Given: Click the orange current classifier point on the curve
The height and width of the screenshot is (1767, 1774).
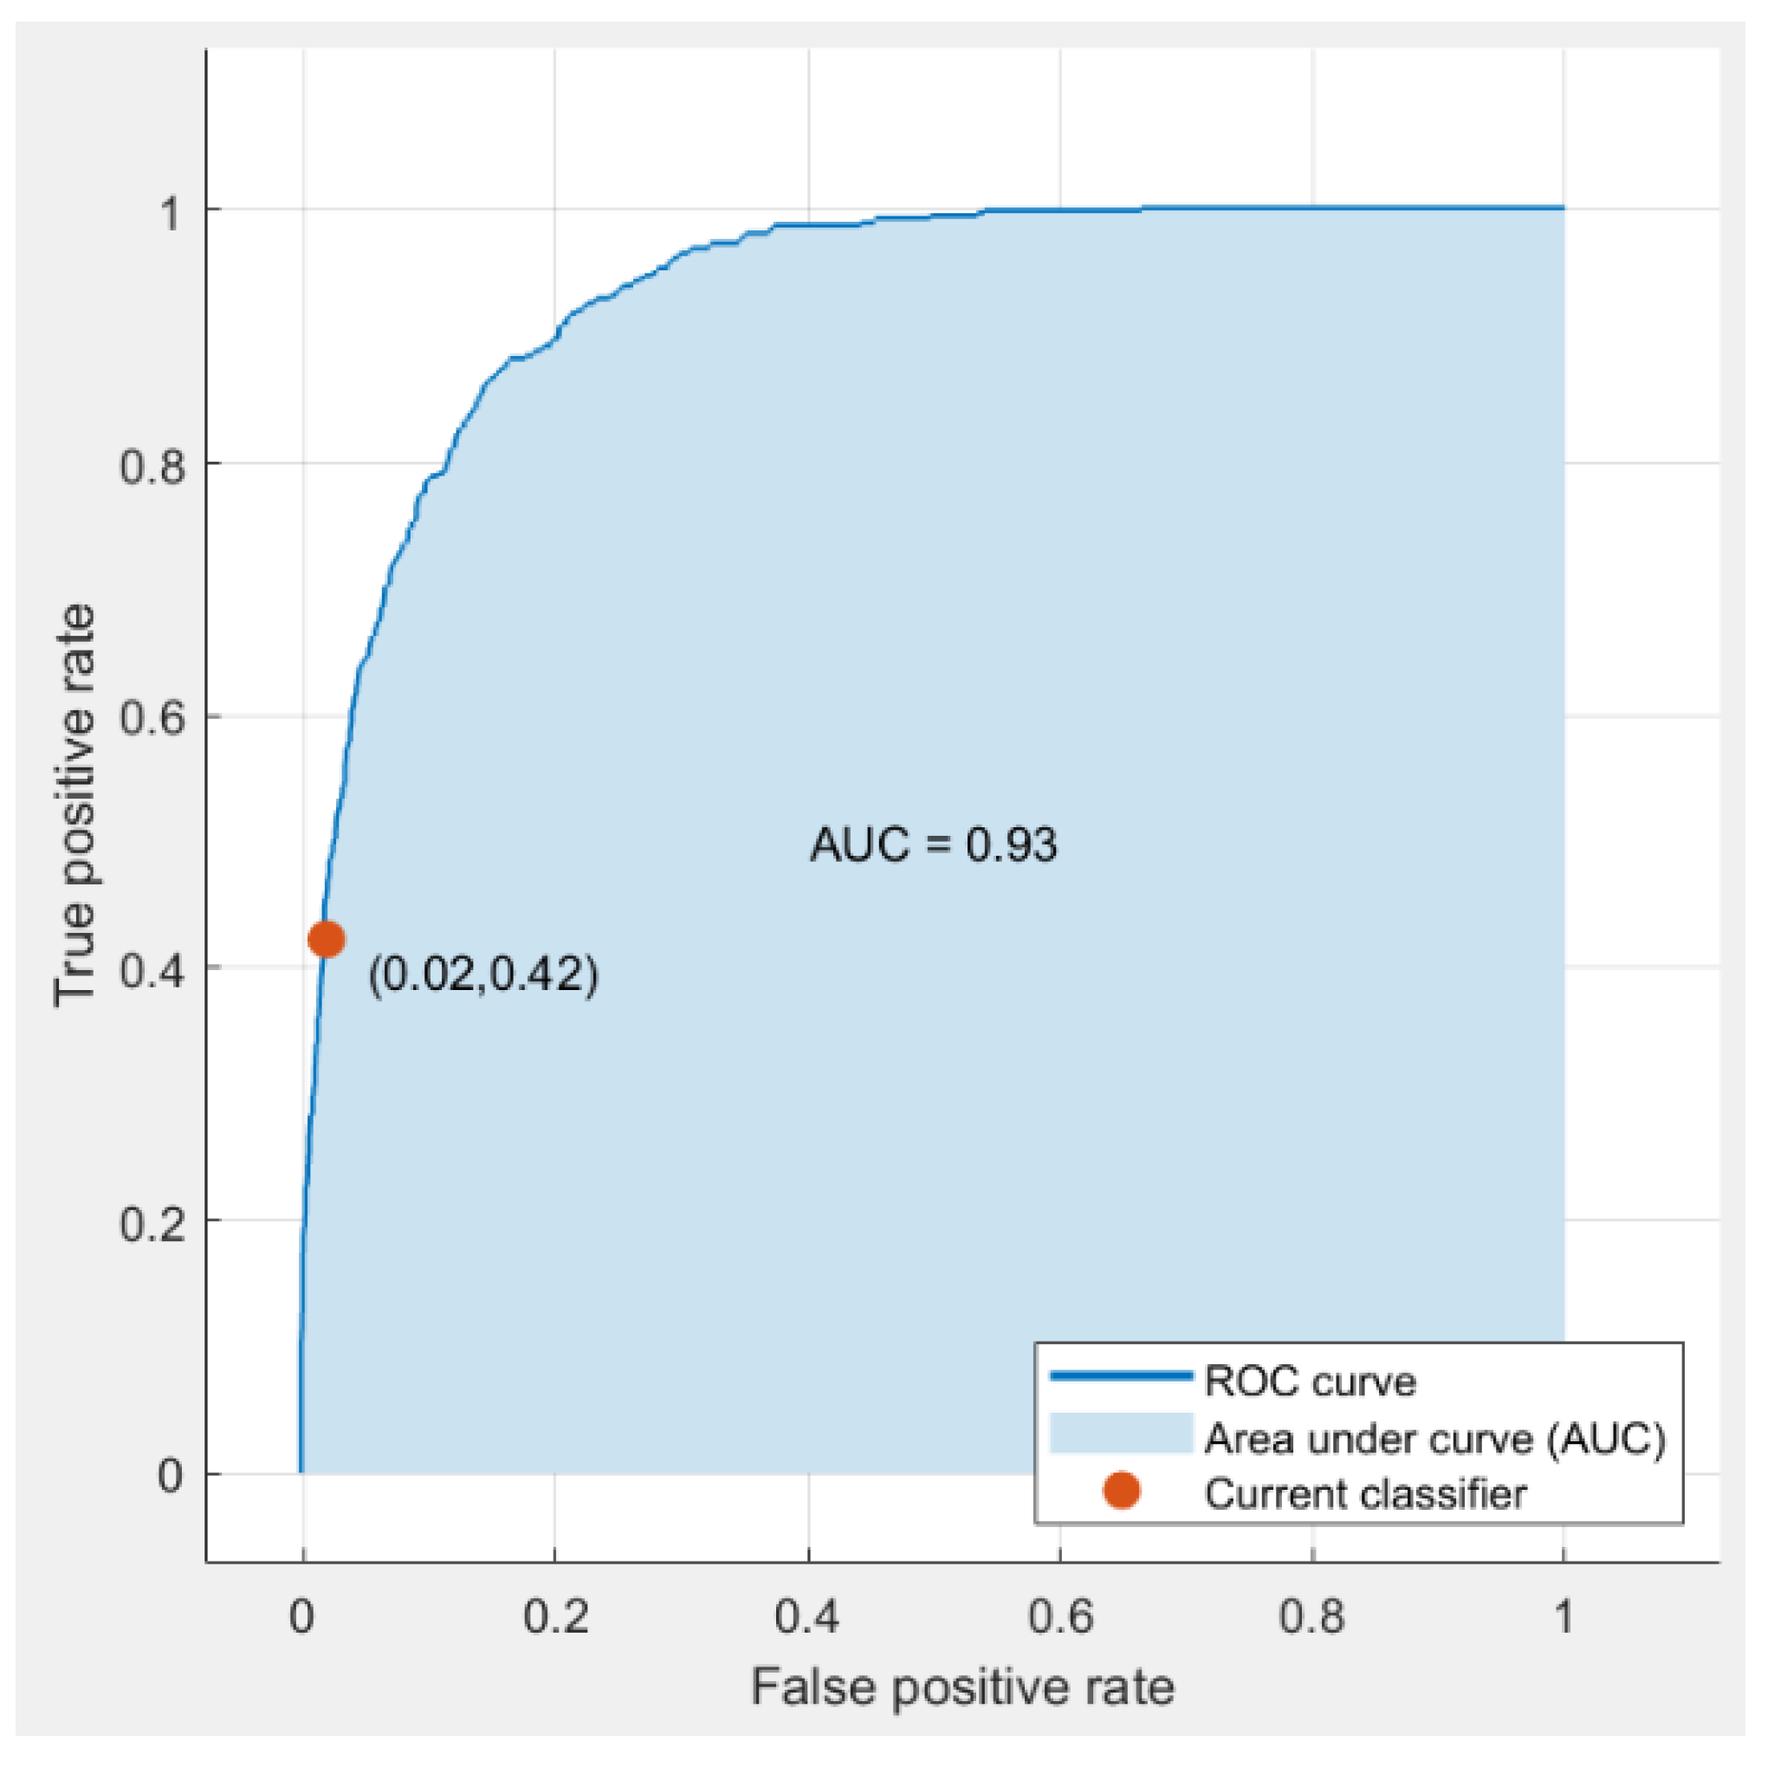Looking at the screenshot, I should [326, 939].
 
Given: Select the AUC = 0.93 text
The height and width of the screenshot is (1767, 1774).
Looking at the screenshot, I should [933, 844].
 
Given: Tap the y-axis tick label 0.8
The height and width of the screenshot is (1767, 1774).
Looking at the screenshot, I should [152, 466].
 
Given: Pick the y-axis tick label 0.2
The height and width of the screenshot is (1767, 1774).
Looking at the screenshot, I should [152, 1223].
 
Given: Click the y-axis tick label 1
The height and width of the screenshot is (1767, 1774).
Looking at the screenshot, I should [171, 213].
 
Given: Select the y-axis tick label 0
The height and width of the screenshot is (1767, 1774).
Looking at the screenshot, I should [171, 1476].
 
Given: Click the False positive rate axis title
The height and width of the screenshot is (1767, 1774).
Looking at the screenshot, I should [962, 1687].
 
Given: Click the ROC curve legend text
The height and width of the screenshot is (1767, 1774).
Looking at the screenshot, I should [1311, 1382].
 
